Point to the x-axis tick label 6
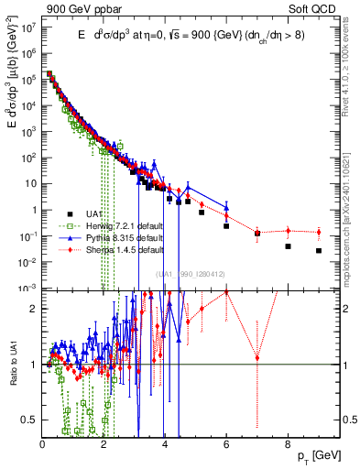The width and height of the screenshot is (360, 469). pos(226,444)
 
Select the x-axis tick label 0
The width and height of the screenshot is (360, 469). pos(43,444)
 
